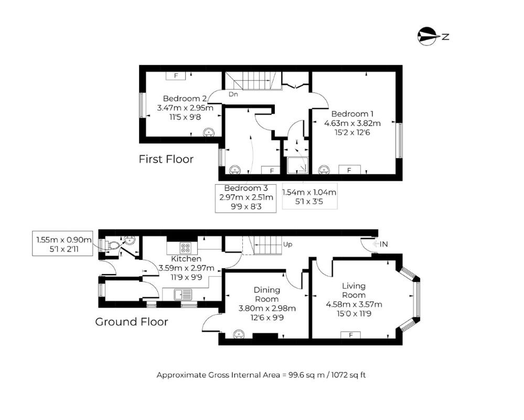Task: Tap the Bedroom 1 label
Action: point(352,114)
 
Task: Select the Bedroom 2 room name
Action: point(185,99)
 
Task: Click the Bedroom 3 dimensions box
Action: point(245,198)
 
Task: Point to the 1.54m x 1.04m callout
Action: point(309,196)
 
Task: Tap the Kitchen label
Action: point(186,259)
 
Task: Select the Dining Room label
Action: point(266,295)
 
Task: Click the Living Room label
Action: point(354,290)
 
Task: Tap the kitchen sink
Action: point(183,295)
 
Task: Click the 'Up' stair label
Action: point(287,245)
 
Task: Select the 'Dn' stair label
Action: point(233,94)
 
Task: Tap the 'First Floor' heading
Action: point(166,159)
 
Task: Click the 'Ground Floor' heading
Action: point(132,322)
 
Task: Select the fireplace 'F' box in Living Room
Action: point(350,335)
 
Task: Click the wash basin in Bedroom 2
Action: point(209,132)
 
